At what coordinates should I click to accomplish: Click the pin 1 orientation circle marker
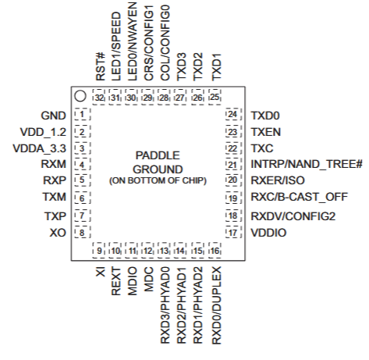pyautogui.click(x=80, y=97)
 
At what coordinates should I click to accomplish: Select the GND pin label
pyautogui.click(x=54, y=115)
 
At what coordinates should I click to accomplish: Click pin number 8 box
pyautogui.click(x=80, y=233)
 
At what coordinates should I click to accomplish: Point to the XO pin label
pyautogui.click(x=57, y=233)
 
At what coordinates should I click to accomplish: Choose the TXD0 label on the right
pyautogui.click(x=264, y=115)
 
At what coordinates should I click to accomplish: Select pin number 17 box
pyautogui.click(x=231, y=233)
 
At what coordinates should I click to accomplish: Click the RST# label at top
pyautogui.click(x=99, y=70)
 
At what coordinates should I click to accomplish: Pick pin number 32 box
pyautogui.click(x=99, y=98)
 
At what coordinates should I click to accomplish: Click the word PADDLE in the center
pyautogui.click(x=157, y=155)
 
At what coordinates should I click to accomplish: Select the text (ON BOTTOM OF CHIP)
pyautogui.click(x=157, y=181)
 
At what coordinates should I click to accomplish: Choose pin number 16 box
pyautogui.click(x=215, y=251)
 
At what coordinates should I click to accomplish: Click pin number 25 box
pyautogui.click(x=215, y=98)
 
